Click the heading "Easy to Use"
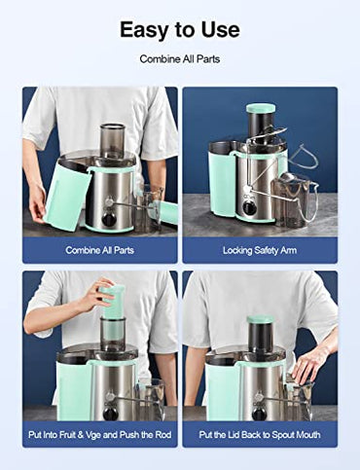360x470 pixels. click(x=180, y=29)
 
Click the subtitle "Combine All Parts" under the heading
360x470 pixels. click(x=180, y=59)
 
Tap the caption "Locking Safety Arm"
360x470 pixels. click(x=260, y=250)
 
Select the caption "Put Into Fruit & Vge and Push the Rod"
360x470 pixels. click(x=100, y=435)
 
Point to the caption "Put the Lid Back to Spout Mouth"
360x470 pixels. click(x=260, y=435)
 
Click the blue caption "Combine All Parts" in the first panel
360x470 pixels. click(x=100, y=250)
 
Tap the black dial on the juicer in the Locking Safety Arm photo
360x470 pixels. click(x=249, y=207)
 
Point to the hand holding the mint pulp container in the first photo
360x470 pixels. click(x=37, y=202)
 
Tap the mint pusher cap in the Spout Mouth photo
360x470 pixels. click(x=261, y=319)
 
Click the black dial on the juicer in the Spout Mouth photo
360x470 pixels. click(x=259, y=413)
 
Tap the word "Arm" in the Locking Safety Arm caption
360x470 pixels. click(x=289, y=250)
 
